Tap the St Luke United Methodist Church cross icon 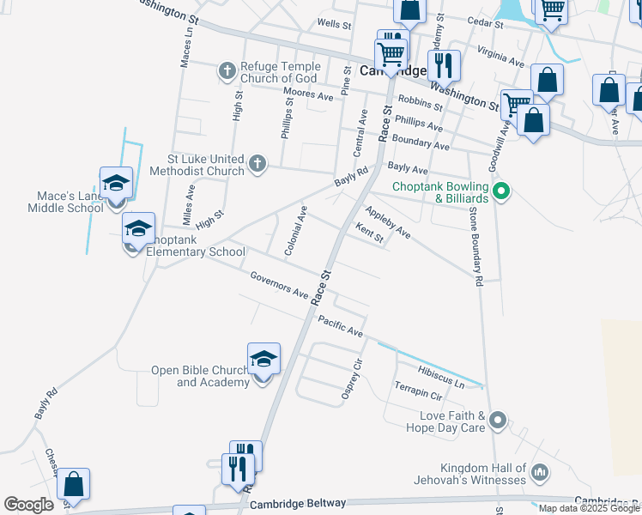257,163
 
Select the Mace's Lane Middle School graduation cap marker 116,184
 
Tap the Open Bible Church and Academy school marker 263,360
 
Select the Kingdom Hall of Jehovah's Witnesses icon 540,471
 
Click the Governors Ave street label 280,286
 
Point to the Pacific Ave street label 340,326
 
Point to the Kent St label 369,233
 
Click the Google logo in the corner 29,505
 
